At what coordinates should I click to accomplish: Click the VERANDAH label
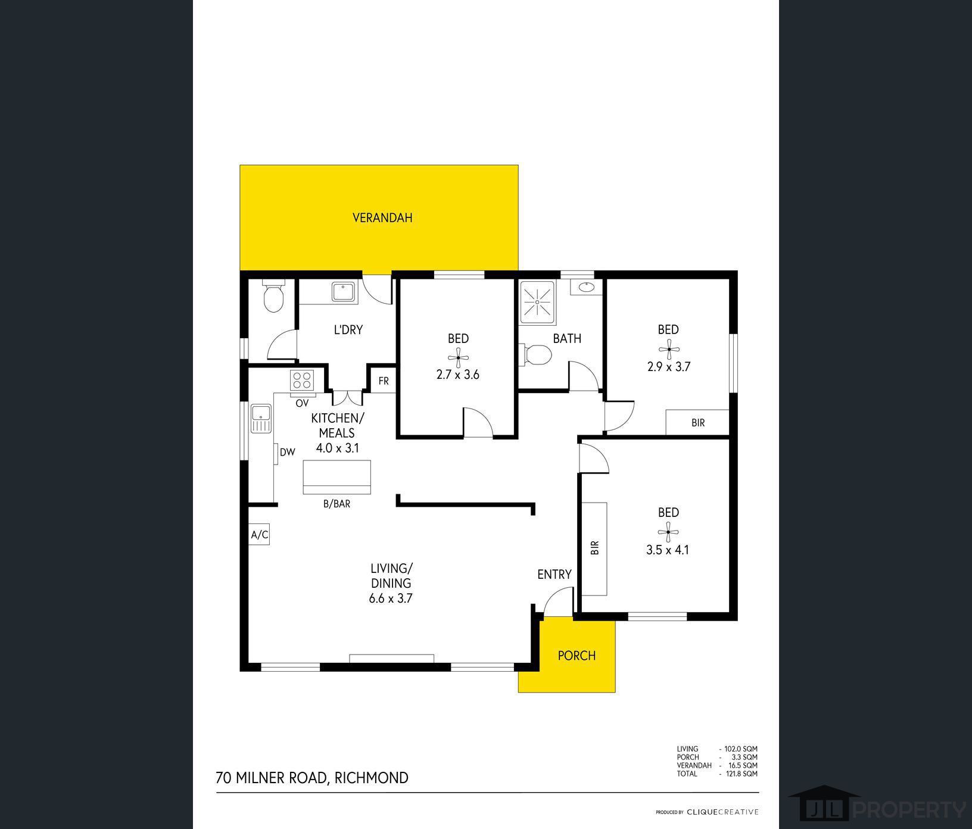coord(382,218)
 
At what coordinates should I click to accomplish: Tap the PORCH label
coord(577,656)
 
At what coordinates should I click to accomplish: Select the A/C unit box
coord(260,535)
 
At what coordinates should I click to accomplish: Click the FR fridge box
coord(383,381)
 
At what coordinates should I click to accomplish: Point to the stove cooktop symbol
coord(303,380)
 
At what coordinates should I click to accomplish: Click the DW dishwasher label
coord(288,452)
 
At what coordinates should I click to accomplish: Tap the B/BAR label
coord(337,504)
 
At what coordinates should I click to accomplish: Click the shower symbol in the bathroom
coord(537,302)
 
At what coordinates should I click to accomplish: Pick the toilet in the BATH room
coord(538,355)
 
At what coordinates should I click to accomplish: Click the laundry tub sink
coord(343,292)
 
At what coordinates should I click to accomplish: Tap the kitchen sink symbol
coord(261,418)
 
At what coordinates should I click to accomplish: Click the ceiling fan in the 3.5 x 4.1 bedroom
coord(668,531)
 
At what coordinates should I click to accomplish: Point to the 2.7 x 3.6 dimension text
coord(458,375)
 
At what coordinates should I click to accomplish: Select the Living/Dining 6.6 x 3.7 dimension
coord(391,599)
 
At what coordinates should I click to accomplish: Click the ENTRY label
coord(554,574)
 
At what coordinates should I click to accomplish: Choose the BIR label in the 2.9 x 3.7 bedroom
coord(698,423)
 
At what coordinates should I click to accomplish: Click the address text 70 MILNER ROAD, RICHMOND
coord(312,778)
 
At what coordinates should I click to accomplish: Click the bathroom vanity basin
coord(586,286)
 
